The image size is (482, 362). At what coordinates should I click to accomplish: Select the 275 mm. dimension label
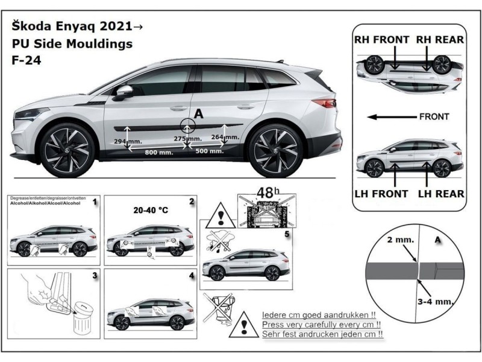coord(185,139)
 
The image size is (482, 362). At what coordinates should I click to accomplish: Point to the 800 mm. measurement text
coord(159,153)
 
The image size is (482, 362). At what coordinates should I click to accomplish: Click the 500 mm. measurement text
coord(209,151)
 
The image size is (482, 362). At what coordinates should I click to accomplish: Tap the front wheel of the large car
coord(68,149)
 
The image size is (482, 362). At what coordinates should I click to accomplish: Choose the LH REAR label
coord(442,194)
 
